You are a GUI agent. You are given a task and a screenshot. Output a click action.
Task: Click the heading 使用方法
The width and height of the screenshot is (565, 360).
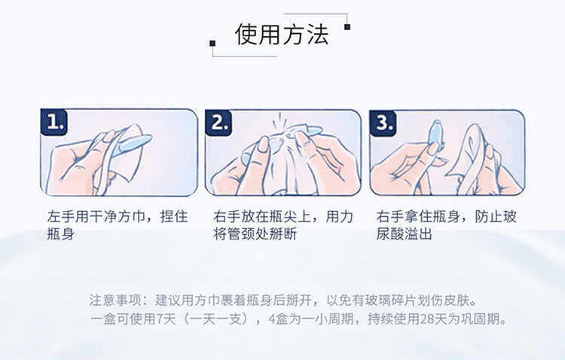(282, 35)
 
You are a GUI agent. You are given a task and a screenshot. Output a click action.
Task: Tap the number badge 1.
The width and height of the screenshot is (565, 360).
(54, 123)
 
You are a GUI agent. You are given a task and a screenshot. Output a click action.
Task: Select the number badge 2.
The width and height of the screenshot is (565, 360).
(218, 123)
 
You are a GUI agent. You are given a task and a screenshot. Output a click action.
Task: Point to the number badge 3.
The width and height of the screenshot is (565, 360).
(383, 123)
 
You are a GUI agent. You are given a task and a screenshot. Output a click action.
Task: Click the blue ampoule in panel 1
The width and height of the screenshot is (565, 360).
(131, 145)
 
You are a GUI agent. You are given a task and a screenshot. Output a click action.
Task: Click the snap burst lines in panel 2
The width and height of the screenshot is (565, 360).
(278, 121)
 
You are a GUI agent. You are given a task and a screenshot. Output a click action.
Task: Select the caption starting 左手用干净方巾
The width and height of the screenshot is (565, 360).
(118, 225)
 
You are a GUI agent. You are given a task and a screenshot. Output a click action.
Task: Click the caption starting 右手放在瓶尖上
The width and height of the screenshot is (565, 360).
(282, 225)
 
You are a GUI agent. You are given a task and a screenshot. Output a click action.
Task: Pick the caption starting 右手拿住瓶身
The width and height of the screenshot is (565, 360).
(447, 225)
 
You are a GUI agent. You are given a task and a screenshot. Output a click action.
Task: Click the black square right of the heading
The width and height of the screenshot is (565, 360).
(347, 26)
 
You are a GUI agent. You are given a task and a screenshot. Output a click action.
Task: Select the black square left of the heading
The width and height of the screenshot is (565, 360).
(212, 43)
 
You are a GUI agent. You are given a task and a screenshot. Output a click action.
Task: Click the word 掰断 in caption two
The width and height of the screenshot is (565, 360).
(282, 234)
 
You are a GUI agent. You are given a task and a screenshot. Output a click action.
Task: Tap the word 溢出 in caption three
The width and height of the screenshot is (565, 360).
(418, 234)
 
